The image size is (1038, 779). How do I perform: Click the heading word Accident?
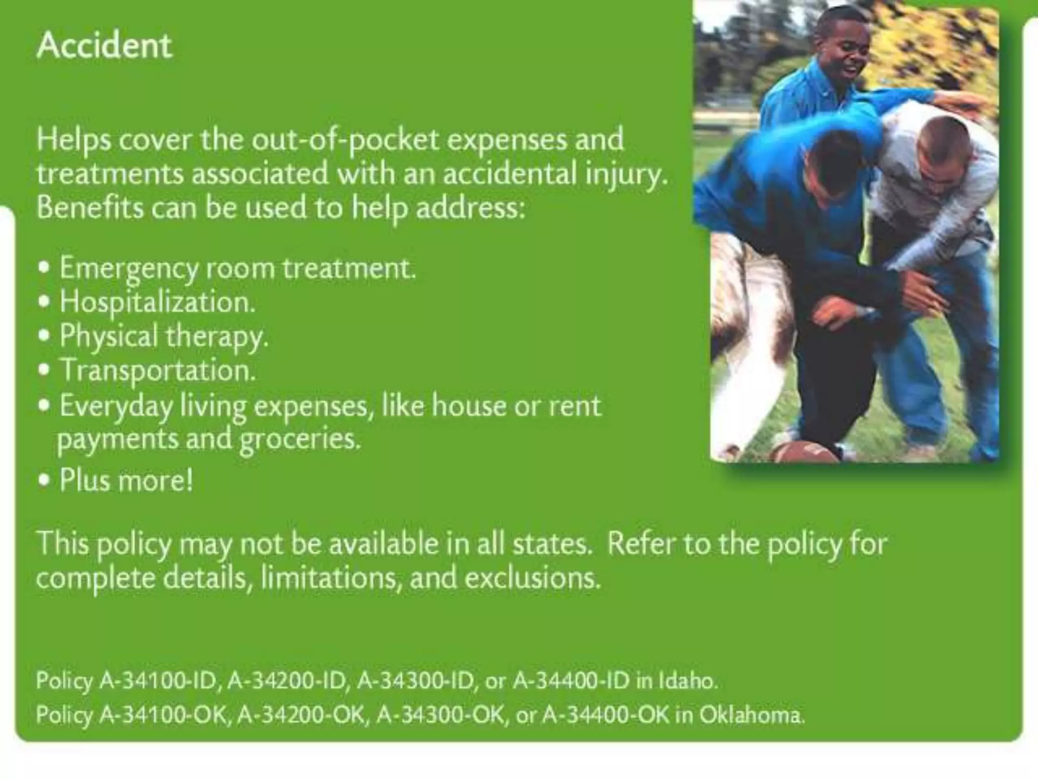104,46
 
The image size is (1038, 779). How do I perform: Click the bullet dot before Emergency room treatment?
45,268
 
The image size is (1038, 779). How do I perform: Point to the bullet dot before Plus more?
45,480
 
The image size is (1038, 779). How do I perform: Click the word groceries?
300,439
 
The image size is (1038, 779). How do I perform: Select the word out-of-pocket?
346,139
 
